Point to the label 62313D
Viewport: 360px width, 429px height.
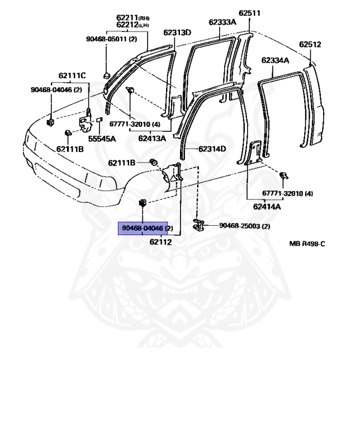pos(177,32)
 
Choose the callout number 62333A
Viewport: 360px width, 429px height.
pos(222,22)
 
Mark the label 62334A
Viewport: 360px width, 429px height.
pos(275,60)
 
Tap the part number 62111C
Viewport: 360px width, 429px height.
pos(73,75)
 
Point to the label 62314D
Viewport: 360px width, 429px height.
pos(212,149)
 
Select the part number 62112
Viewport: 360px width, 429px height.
pos(161,242)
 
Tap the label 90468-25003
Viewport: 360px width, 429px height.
pos(244,226)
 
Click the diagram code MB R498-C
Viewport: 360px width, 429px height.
pos(307,244)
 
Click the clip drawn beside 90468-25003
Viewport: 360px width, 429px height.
pos(198,225)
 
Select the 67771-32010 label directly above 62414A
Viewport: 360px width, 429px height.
pos(288,193)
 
